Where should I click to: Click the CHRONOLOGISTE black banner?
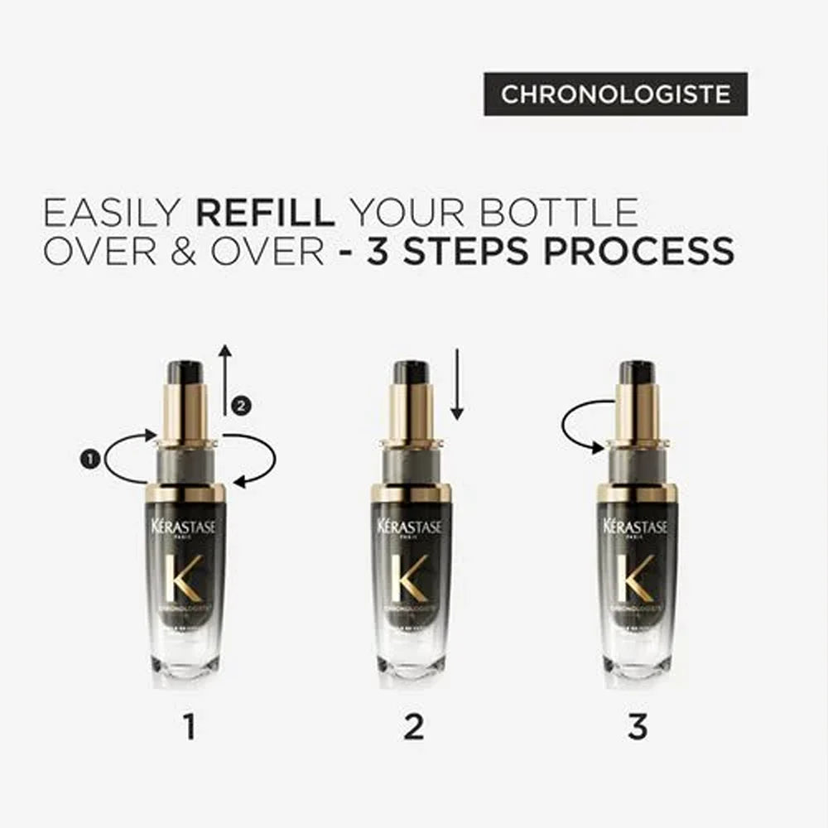pos(615,94)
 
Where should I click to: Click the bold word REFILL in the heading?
pos(265,213)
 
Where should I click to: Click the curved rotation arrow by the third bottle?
pos(584,426)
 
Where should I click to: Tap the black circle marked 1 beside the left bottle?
pos(89,456)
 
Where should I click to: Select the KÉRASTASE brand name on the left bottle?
pos(185,527)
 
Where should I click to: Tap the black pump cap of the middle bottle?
pos(411,373)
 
